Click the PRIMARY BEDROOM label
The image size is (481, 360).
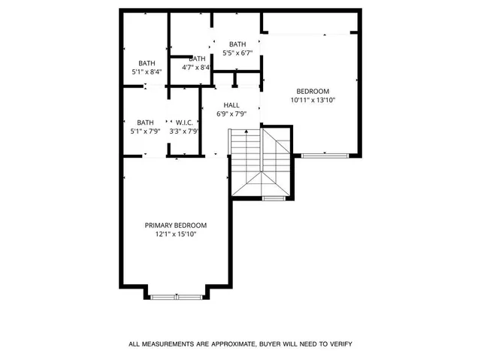click(x=176, y=225)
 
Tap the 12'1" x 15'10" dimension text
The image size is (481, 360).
click(x=176, y=234)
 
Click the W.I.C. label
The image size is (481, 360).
click(x=184, y=123)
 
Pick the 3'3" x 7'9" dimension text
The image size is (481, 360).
click(x=184, y=131)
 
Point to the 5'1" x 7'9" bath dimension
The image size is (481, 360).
click(x=145, y=131)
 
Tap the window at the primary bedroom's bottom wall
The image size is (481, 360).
click(x=176, y=297)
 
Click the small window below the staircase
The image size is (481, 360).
click(x=274, y=198)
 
